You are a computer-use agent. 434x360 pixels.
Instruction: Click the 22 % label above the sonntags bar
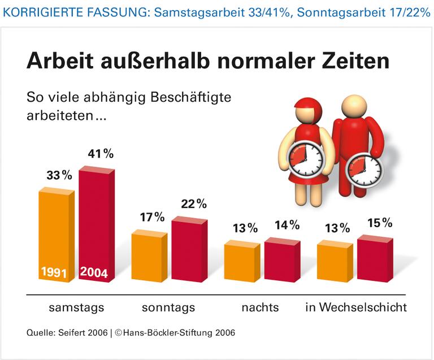(193, 203)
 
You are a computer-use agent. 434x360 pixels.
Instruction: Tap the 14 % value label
(287, 225)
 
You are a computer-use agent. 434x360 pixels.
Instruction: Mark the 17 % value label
(151, 217)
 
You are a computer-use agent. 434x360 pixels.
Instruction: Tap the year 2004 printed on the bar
(94, 272)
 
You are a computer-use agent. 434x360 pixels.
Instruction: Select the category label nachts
(260, 308)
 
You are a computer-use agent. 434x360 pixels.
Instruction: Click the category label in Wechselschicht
(356, 308)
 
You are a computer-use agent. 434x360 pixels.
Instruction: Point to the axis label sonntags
(168, 308)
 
